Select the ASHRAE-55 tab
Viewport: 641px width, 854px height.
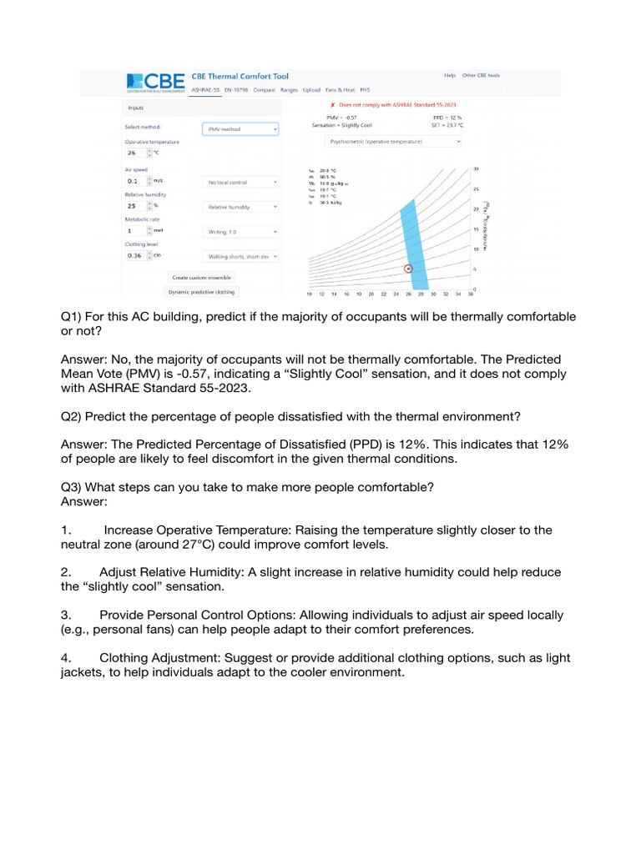click(206, 88)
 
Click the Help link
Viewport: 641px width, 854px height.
click(449, 75)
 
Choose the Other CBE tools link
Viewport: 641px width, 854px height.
click(481, 75)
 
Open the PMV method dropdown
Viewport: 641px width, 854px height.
click(240, 129)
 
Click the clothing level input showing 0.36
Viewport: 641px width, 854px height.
click(134, 256)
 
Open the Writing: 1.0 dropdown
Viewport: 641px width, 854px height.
click(240, 231)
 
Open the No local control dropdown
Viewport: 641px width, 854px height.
click(240, 181)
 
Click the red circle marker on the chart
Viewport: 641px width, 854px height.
click(408, 269)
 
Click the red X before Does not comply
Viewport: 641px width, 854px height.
click(333, 106)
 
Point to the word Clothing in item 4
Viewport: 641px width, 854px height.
click(124, 658)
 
